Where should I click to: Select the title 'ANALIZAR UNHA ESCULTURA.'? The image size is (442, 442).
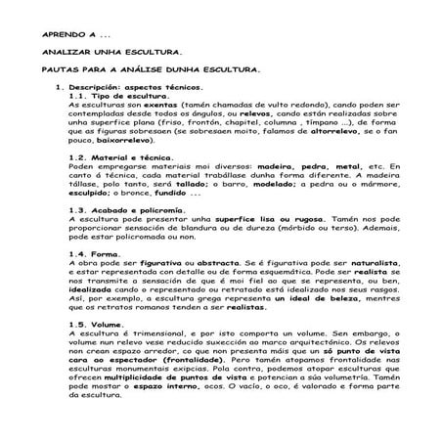click(98, 51)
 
